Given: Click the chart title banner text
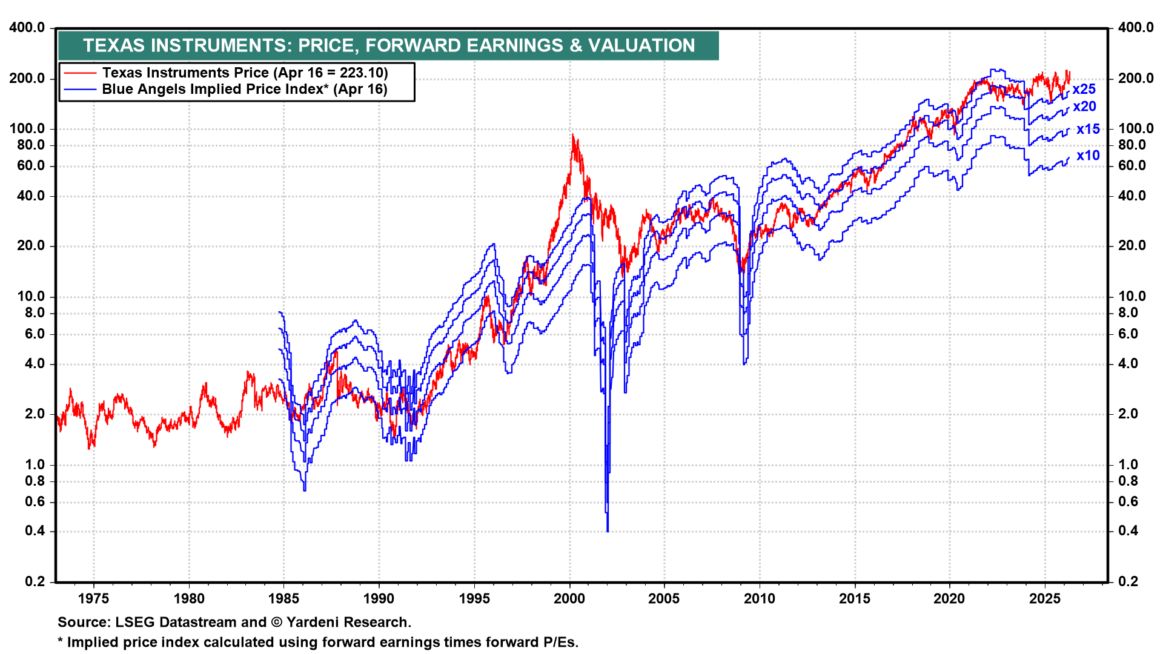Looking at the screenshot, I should [388, 45].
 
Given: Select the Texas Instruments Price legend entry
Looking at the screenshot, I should [245, 73].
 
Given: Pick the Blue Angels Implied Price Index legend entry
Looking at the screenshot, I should [244, 89].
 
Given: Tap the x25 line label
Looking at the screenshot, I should [1084, 89].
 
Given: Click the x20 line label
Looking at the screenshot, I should [1084, 107].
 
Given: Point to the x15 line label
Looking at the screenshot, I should [1088, 129].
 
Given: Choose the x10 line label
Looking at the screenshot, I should [1088, 156].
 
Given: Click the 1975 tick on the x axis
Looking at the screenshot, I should [94, 599].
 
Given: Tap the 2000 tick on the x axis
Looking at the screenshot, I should [569, 599].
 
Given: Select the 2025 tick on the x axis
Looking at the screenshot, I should [1045, 599].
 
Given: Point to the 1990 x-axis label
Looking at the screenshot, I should [379, 599].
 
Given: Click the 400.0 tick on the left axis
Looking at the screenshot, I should [27, 27].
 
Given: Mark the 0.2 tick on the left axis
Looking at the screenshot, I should [35, 581].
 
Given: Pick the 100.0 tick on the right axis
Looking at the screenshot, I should [1136, 128].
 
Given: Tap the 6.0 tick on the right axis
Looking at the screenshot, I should [1127, 334].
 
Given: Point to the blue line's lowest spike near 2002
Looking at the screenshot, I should [607, 530].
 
